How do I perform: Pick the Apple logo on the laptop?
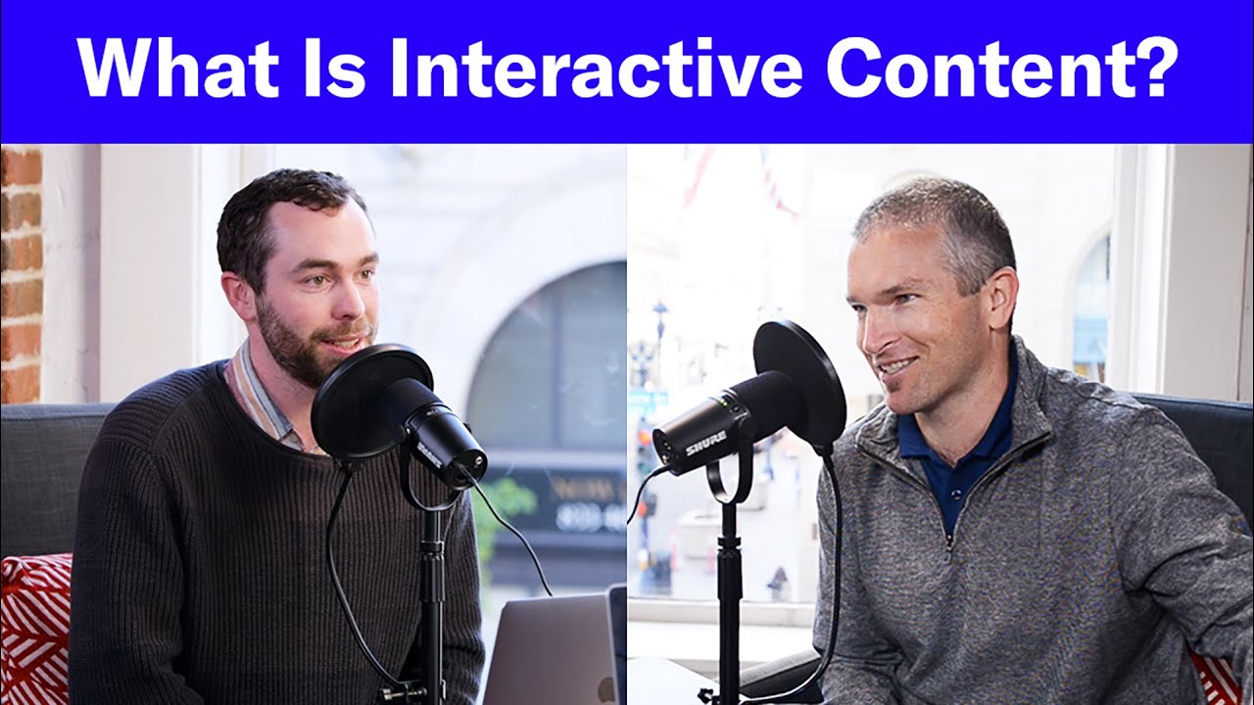[606, 689]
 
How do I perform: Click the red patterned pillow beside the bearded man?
[34, 627]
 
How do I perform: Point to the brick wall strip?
[21, 274]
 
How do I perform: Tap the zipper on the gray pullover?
[948, 519]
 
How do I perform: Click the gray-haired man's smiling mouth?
[896, 367]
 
